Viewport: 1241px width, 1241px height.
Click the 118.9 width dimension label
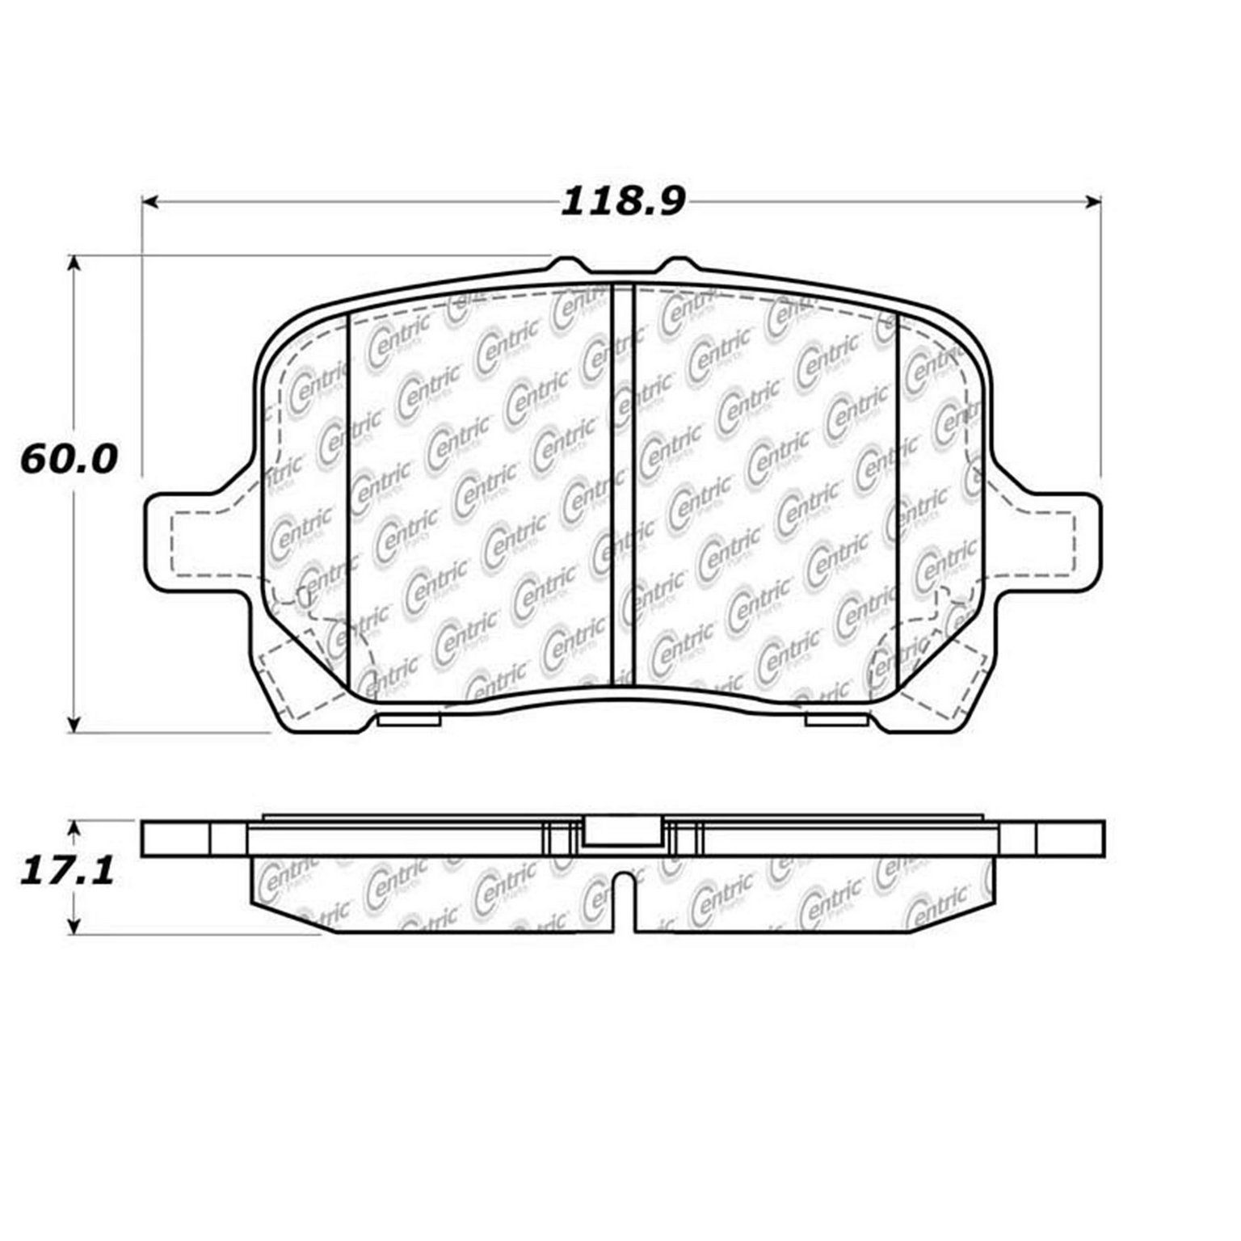tap(623, 201)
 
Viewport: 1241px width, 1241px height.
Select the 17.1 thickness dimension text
tap(68, 872)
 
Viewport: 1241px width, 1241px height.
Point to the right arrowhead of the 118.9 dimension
tap(1093, 201)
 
